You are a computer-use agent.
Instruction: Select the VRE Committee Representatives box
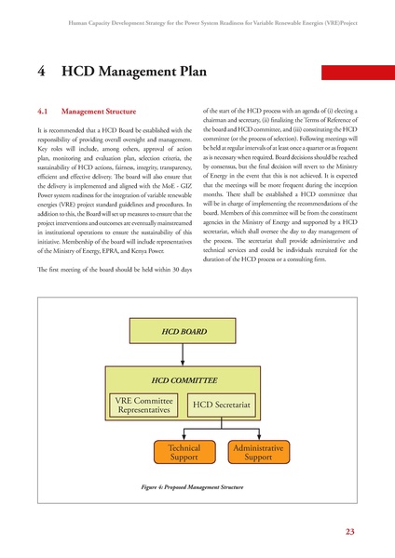click(142, 405)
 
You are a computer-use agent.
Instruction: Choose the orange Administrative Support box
click(258, 453)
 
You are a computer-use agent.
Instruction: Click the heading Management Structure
click(112, 112)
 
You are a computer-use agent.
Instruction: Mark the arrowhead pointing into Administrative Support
click(258, 439)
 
